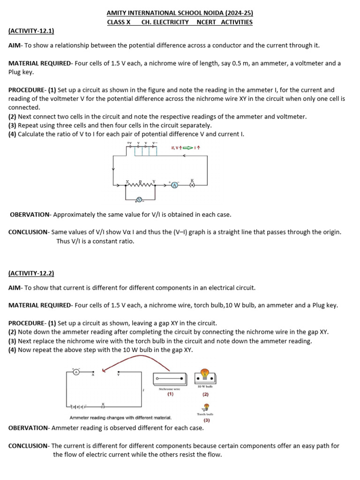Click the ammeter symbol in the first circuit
(x=174, y=185)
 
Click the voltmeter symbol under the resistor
(x=139, y=199)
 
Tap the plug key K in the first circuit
(x=192, y=185)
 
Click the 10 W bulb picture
(x=205, y=375)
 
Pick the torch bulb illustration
(x=206, y=407)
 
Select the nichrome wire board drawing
(x=170, y=378)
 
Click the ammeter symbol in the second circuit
(x=76, y=372)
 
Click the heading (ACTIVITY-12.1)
(x=31, y=31)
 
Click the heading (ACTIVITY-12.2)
(x=31, y=273)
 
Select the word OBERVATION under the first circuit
(x=30, y=215)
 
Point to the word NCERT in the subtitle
(x=207, y=22)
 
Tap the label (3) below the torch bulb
(x=207, y=420)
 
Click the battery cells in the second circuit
(x=78, y=406)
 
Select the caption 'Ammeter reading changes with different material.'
(x=120, y=418)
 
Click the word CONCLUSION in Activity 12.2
(x=29, y=446)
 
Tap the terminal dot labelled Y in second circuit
(x=118, y=372)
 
